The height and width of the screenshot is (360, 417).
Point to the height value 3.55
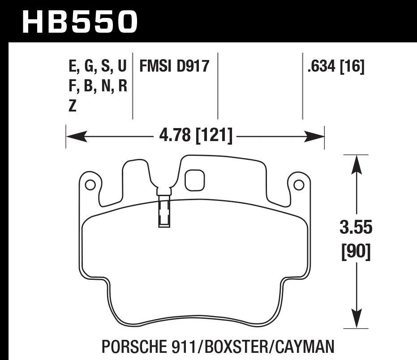[x=356, y=228]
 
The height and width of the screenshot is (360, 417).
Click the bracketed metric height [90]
[x=356, y=253]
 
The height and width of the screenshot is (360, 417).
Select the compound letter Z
[x=73, y=106]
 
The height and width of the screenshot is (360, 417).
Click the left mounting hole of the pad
[x=89, y=184]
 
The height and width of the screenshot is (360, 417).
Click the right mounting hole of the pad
[x=299, y=184]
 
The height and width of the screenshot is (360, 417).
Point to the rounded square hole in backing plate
[x=194, y=180]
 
